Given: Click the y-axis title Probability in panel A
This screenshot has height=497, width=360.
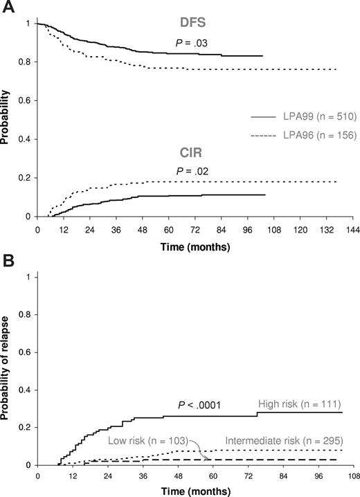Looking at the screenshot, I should (6, 119).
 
